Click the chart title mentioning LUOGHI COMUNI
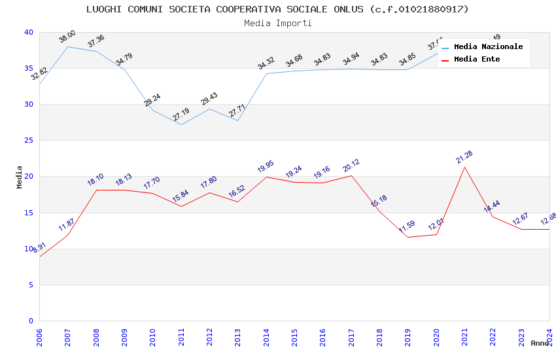pyautogui.click(x=277, y=9)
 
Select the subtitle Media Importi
pyautogui.click(x=277, y=23)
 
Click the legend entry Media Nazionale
pyautogui.click(x=488, y=47)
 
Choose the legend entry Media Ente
pyautogui.click(x=477, y=60)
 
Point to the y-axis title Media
pyautogui.click(x=20, y=177)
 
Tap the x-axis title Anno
pyautogui.click(x=540, y=343)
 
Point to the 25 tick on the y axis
pyautogui.click(x=28, y=141)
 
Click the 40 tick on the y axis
pyautogui.click(x=28, y=33)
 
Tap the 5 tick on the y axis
pyautogui.click(x=30, y=285)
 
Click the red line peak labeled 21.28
pyautogui.click(x=464, y=167)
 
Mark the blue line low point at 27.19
pyautogui.click(x=181, y=124)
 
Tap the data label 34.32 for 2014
pyautogui.click(x=266, y=63)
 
